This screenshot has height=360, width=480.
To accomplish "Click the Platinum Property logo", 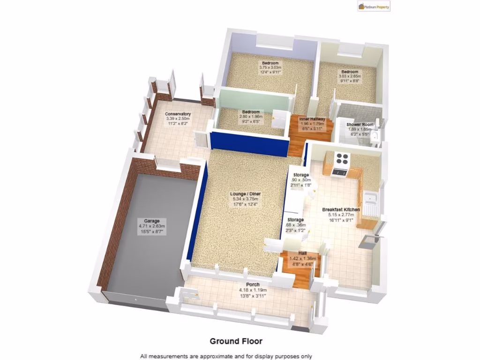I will tap(374, 7).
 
